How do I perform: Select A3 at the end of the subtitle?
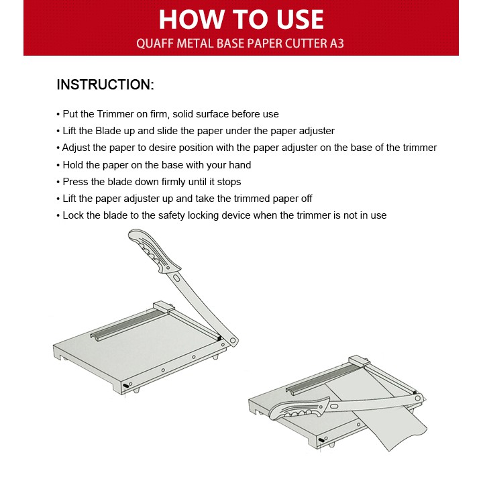[x=337, y=43]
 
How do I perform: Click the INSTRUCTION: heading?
[x=105, y=85]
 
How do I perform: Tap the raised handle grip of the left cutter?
[x=154, y=251]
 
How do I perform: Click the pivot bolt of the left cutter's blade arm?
[x=233, y=341]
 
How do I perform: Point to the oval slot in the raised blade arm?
[x=177, y=278]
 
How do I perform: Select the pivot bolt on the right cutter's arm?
[x=418, y=398]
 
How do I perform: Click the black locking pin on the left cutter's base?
[x=126, y=386]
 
